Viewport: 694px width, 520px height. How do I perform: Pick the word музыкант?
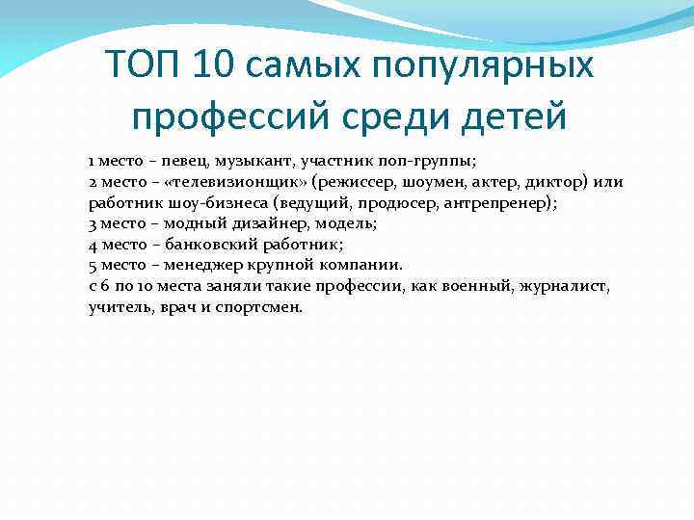coord(256,161)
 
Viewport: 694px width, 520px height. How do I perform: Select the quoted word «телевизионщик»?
coord(227,182)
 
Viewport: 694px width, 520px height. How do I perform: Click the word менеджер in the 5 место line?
coord(203,265)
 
